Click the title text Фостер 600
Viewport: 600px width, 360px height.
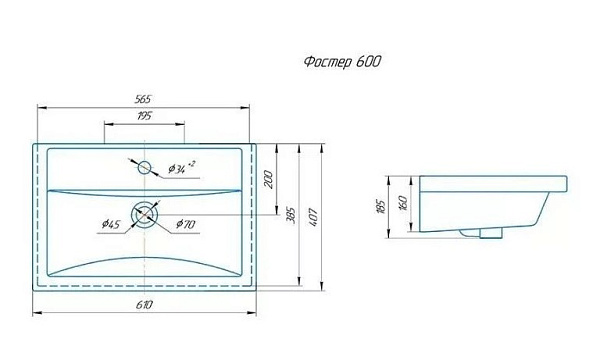342,62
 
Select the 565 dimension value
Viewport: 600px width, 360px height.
143,99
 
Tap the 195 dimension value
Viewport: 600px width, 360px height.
144,116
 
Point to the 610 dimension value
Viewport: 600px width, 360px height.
144,305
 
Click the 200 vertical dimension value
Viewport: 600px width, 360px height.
269,179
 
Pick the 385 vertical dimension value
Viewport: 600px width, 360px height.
291,215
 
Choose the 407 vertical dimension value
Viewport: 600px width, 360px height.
313,217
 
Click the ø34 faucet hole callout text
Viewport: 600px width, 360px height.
181,168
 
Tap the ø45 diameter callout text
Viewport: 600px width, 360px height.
111,224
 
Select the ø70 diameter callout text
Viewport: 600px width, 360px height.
186,224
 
